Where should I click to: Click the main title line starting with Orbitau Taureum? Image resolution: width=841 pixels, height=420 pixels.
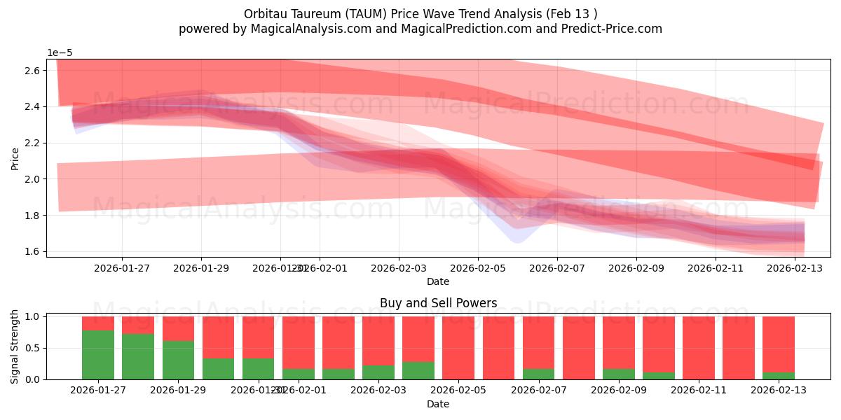pyautogui.click(x=420, y=14)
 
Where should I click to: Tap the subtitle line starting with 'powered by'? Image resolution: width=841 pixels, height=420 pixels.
pyautogui.click(x=420, y=29)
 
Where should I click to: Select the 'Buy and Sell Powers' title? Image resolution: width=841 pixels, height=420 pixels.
pyautogui.click(x=438, y=303)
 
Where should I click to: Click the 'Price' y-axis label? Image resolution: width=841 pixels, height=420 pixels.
pyautogui.click(x=15, y=158)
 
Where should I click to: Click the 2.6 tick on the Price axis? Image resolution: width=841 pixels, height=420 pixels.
pyautogui.click(x=32, y=71)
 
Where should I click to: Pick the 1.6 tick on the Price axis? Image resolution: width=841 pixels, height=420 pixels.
pyautogui.click(x=32, y=251)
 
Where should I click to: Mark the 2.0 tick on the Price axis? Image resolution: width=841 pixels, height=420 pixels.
pyautogui.click(x=32, y=179)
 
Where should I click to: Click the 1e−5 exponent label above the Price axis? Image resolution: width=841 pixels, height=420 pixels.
pyautogui.click(x=60, y=53)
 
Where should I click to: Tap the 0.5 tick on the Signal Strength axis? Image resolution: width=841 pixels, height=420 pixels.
pyautogui.click(x=32, y=348)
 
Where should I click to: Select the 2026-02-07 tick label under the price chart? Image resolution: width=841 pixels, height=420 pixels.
pyautogui.click(x=556, y=267)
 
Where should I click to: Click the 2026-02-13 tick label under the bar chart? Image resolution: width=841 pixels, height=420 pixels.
pyautogui.click(x=778, y=390)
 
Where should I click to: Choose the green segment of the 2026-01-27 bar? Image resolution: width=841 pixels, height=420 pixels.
pyautogui.click(x=98, y=355)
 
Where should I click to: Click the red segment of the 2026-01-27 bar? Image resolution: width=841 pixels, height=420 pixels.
pyautogui.click(x=98, y=323)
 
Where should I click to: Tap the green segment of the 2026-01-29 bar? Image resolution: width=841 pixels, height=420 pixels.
pyautogui.click(x=178, y=360)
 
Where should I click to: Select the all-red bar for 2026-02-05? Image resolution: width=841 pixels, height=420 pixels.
pyautogui.click(x=458, y=348)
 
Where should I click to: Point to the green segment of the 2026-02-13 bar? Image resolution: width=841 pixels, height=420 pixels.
pyautogui.click(x=778, y=376)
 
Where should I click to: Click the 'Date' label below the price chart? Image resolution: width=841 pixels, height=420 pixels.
pyautogui.click(x=438, y=281)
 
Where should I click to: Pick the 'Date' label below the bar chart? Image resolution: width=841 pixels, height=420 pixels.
pyautogui.click(x=438, y=404)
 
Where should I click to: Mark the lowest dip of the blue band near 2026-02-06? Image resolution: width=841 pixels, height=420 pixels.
pyautogui.click(x=517, y=241)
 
